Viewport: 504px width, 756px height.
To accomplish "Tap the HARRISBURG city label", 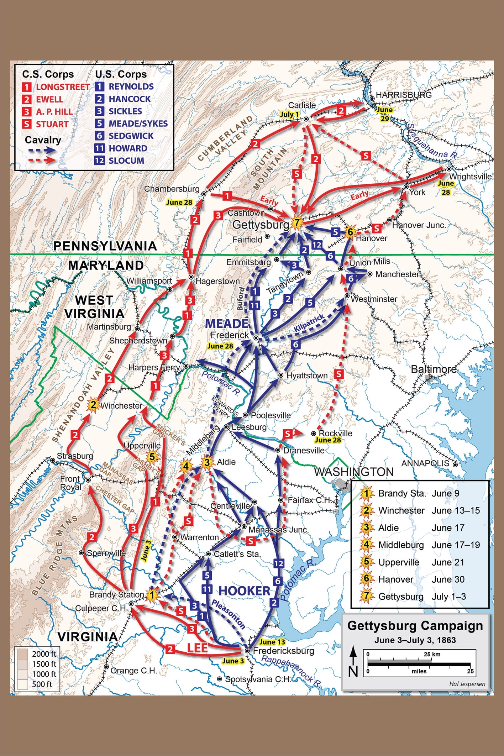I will (x=403, y=95).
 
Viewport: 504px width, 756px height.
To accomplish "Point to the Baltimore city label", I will (x=434, y=369).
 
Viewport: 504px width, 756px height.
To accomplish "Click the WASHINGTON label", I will (x=353, y=472).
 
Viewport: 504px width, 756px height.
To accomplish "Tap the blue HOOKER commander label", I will (x=244, y=591).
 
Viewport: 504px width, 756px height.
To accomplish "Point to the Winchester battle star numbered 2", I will (x=93, y=405).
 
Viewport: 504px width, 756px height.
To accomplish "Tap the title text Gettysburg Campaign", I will (x=415, y=626).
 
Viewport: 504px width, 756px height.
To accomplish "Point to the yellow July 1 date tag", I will (x=289, y=115).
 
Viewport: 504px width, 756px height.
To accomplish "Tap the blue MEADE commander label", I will (x=227, y=324).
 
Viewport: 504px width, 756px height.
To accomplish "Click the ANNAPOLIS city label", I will (x=425, y=463).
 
